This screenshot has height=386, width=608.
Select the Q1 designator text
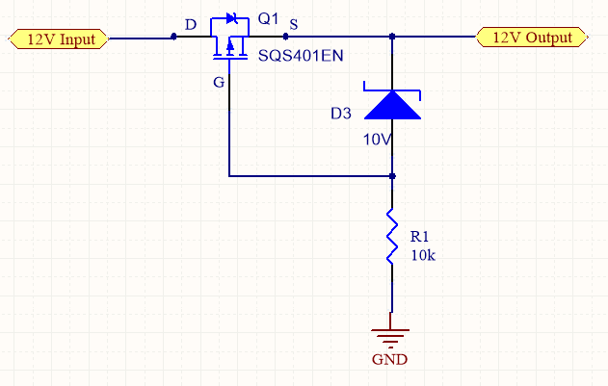click(x=268, y=19)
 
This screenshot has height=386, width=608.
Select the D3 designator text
click(x=340, y=114)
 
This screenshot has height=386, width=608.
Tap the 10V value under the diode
click(x=376, y=140)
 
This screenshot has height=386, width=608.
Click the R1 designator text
click(x=419, y=236)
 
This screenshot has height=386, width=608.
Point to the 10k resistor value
click(x=423, y=255)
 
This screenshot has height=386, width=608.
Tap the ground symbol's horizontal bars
click(x=391, y=337)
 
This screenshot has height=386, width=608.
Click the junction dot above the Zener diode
click(x=392, y=38)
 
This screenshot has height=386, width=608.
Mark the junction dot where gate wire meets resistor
click(x=392, y=176)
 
